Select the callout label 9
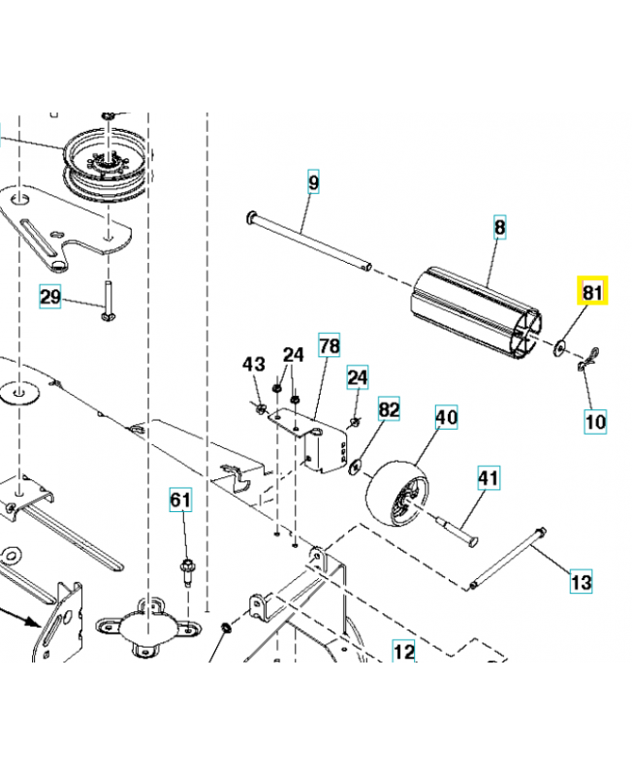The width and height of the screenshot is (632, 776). (313, 181)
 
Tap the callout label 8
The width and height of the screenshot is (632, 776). (500, 228)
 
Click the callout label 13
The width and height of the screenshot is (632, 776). (580, 582)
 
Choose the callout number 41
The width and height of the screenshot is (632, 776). (487, 477)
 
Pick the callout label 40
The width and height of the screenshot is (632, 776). (446, 417)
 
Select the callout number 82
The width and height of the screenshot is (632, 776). (389, 410)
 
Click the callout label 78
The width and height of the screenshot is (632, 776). (330, 346)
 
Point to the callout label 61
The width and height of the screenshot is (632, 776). (181, 501)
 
